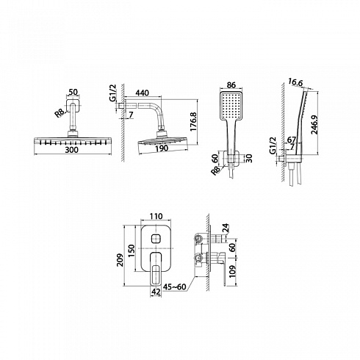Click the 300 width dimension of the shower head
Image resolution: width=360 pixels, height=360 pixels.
pos(71,150)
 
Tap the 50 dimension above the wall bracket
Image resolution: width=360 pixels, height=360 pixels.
pos(73,92)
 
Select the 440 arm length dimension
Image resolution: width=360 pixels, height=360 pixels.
pos(142,93)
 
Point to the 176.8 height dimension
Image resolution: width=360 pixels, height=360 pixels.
pos(193,122)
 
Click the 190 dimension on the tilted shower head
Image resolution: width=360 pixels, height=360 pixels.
pos(162,148)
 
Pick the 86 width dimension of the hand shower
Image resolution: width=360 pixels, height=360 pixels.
pos(231,85)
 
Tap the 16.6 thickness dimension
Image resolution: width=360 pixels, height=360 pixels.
pos(295,82)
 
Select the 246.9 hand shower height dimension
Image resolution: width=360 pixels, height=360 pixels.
pos(314,125)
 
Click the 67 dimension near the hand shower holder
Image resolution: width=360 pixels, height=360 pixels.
pos(292,140)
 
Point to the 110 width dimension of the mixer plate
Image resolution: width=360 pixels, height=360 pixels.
pos(156,216)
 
